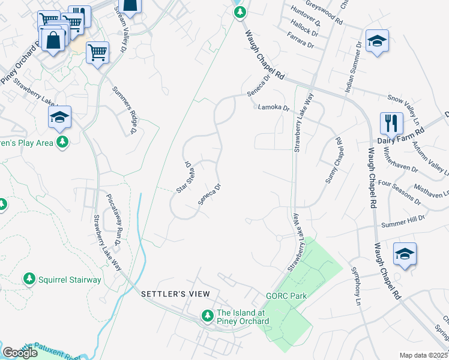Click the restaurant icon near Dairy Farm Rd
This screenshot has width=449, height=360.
[391, 123]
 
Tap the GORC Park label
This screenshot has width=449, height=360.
[286, 296]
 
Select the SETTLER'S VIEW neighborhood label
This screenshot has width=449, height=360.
[175, 293]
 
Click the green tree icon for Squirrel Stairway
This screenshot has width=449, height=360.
[28, 279]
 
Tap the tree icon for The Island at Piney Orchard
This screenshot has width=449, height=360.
[207, 315]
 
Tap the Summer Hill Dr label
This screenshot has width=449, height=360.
[403, 221]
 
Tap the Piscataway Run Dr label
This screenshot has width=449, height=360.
[113, 214]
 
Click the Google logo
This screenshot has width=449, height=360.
[20, 353]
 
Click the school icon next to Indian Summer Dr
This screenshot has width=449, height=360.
[377, 41]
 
